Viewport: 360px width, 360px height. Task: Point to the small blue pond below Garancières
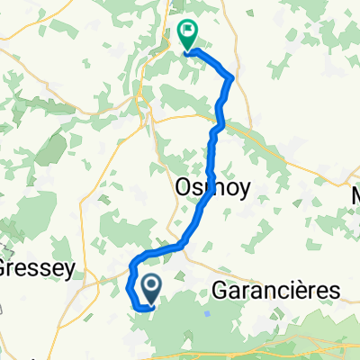(208, 314)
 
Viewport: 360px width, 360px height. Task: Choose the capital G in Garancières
(220, 290)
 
